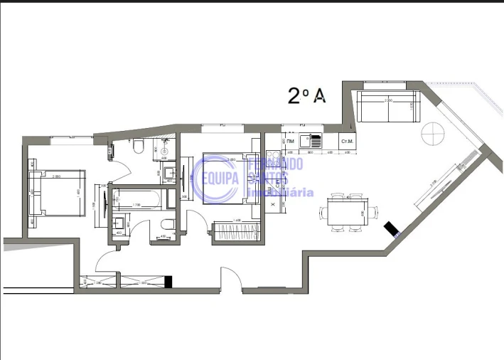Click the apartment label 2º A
(x=306, y=96)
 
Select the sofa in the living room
(x=390, y=105)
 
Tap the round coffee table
(x=432, y=133)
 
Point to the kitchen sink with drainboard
(x=310, y=141)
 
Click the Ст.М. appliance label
(x=348, y=142)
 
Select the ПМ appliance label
(x=291, y=142)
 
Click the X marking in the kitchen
(x=273, y=204)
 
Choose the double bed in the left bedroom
(x=58, y=192)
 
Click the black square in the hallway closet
(x=168, y=282)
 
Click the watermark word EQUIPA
(x=220, y=178)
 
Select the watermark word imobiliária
(x=279, y=192)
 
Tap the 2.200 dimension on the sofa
(x=388, y=100)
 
